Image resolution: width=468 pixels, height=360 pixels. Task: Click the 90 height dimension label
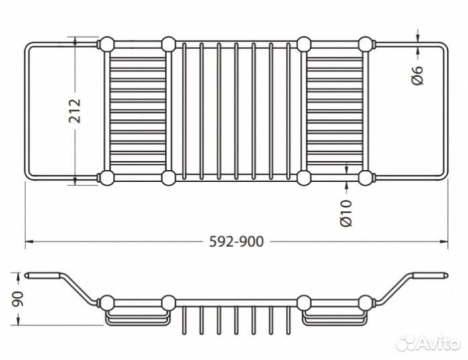pyautogui.click(x=18, y=298)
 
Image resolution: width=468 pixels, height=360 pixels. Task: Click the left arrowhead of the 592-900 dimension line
pyautogui.click(x=29, y=241)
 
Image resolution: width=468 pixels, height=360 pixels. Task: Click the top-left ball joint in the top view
pyautogui.click(x=106, y=45)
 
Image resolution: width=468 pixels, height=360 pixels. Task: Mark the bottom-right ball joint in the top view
pyautogui.click(x=366, y=178)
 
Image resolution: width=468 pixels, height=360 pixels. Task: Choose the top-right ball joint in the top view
pyautogui.click(x=366, y=45)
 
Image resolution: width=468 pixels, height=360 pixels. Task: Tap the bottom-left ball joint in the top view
pyautogui.click(x=106, y=178)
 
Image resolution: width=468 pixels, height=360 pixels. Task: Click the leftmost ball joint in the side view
pyautogui.click(x=105, y=302)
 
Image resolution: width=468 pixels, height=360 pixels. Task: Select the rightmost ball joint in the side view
pyautogui.click(x=366, y=302)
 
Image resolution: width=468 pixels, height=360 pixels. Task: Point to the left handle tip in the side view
pyautogui.click(x=30, y=275)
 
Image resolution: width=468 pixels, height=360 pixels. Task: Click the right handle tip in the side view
pyautogui.click(x=442, y=275)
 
